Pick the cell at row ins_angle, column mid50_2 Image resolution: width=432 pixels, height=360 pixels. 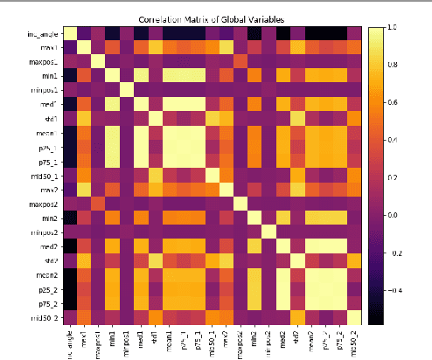(x=353, y=34)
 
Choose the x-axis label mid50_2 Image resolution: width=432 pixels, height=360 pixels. (x=353, y=340)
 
